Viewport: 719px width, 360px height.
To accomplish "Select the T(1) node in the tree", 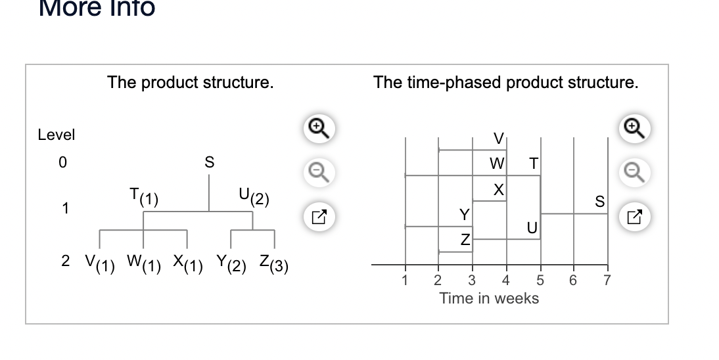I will click(143, 196).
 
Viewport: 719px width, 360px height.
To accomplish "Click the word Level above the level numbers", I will click(57, 135).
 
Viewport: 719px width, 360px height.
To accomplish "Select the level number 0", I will click(63, 162).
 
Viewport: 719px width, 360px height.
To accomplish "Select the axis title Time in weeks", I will click(489, 298).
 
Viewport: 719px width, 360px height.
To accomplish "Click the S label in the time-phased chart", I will click(599, 202).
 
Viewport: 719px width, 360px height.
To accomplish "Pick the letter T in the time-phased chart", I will click(533, 162).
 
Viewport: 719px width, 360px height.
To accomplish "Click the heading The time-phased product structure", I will click(505, 83).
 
